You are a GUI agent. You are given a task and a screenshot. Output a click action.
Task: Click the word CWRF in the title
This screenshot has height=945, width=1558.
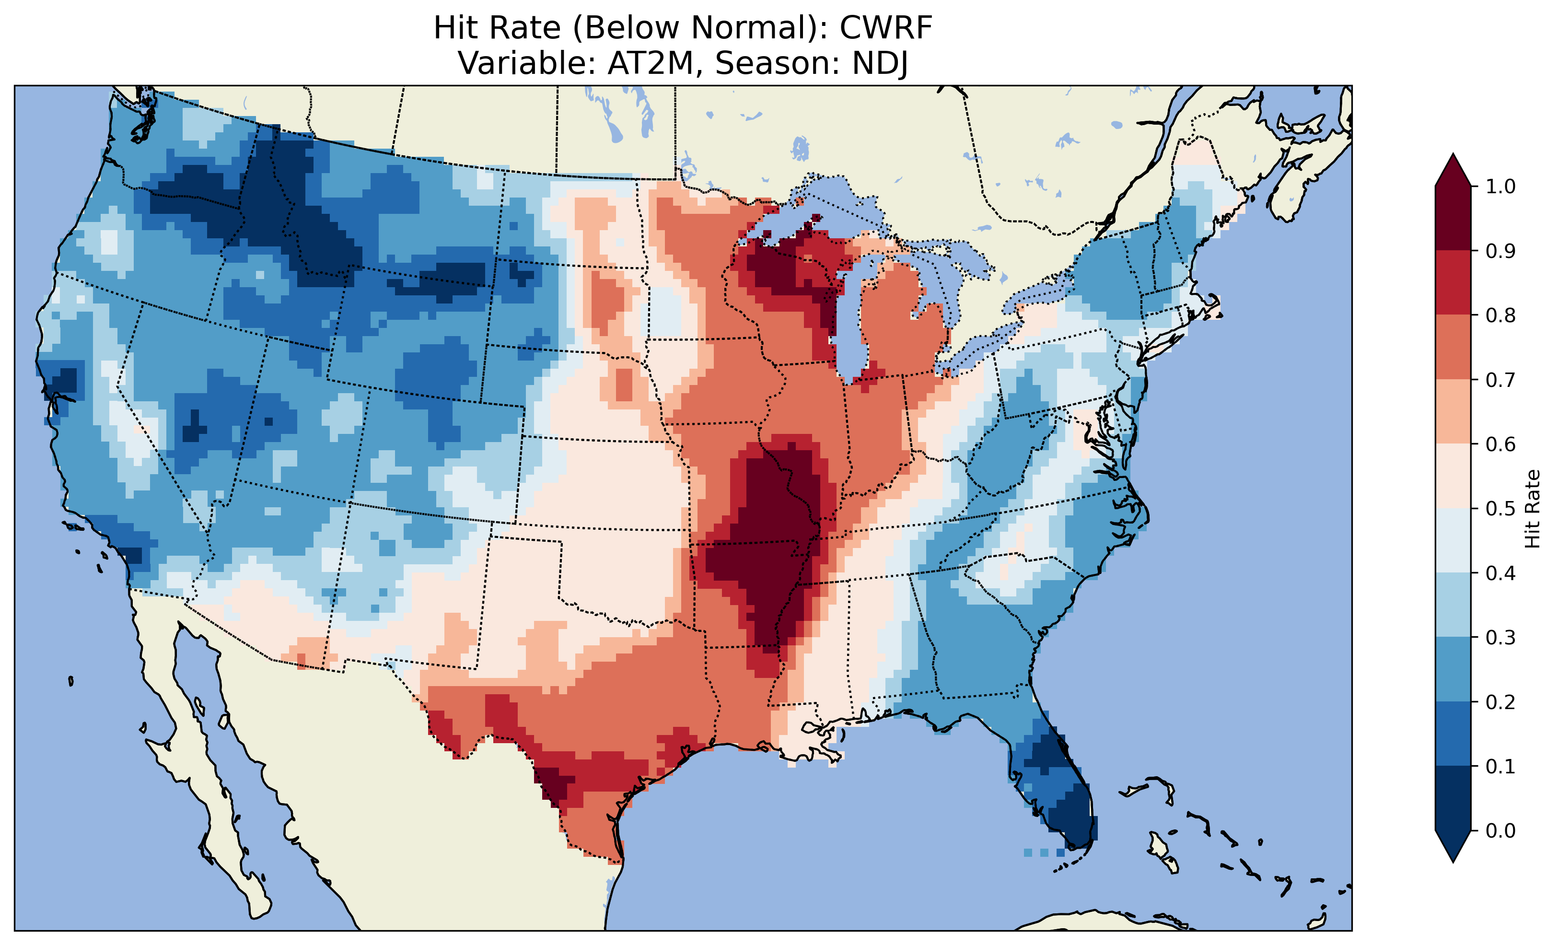[885, 28]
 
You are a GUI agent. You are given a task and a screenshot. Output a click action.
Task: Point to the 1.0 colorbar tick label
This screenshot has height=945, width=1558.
[1500, 187]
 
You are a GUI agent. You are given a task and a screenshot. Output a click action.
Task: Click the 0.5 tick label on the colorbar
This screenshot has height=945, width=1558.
[1500, 509]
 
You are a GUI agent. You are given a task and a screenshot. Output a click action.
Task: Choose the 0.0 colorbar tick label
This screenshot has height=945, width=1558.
[1500, 830]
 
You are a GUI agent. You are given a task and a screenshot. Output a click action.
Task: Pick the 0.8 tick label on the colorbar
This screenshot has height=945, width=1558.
[1500, 315]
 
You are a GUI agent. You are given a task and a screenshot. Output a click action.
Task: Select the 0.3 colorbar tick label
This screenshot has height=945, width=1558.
[1500, 638]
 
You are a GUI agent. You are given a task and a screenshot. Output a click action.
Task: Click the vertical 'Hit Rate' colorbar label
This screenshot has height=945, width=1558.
[1532, 509]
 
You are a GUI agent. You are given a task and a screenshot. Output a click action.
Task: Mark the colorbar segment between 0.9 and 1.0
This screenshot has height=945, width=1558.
[1453, 218]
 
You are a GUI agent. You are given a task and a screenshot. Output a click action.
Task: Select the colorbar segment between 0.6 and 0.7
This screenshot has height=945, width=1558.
[1453, 412]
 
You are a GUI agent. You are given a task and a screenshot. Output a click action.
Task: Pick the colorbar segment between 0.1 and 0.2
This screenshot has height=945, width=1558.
[1453, 734]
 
